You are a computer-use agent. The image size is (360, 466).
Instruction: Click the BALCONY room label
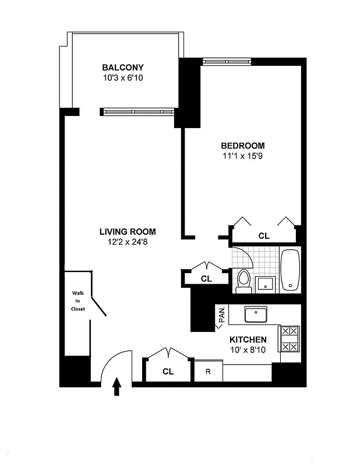tap(122, 67)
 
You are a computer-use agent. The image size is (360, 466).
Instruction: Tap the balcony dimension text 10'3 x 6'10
tap(122, 77)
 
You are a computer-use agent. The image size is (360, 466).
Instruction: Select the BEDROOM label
tap(242, 146)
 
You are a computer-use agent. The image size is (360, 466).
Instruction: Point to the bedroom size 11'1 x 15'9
tap(242, 156)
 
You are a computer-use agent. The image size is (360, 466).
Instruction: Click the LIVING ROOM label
tap(127, 231)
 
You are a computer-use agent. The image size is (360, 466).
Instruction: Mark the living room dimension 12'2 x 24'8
tap(127, 242)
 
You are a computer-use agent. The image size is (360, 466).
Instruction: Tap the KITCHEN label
tap(248, 340)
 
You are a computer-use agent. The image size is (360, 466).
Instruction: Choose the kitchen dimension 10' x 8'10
tap(248, 350)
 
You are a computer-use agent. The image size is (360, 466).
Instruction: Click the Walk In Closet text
tap(78, 301)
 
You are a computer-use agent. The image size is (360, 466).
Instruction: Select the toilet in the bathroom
tap(243, 280)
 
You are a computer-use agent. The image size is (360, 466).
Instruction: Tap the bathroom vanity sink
tap(266, 284)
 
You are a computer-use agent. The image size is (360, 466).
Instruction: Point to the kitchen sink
tap(256, 315)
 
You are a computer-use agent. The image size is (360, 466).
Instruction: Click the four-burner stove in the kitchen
tap(290, 338)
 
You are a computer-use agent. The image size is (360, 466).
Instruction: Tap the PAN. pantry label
tap(221, 315)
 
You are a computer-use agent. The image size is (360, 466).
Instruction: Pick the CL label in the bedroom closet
tap(264, 236)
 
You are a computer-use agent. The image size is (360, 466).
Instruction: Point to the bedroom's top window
tap(227, 61)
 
